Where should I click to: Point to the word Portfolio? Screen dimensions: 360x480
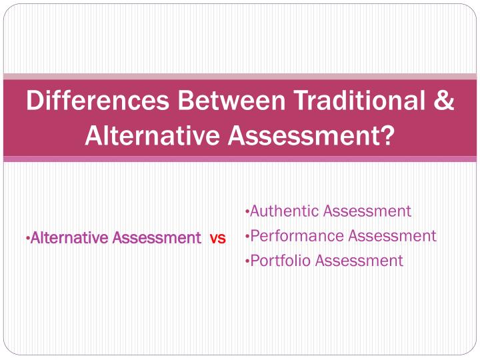[x=279, y=261]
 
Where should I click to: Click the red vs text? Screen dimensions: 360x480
[x=217, y=238]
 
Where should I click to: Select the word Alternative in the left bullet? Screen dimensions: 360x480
[x=70, y=238]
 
